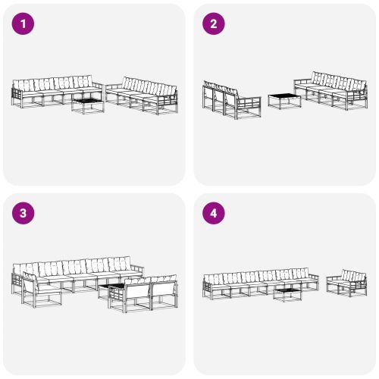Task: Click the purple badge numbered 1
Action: point(23,24)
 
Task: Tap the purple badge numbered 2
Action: point(213,24)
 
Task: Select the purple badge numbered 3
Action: point(23,213)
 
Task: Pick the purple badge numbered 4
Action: point(213,213)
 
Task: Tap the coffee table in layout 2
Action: point(283,100)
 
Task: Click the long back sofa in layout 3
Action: point(76,273)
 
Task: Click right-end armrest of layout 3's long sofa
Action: point(136,270)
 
